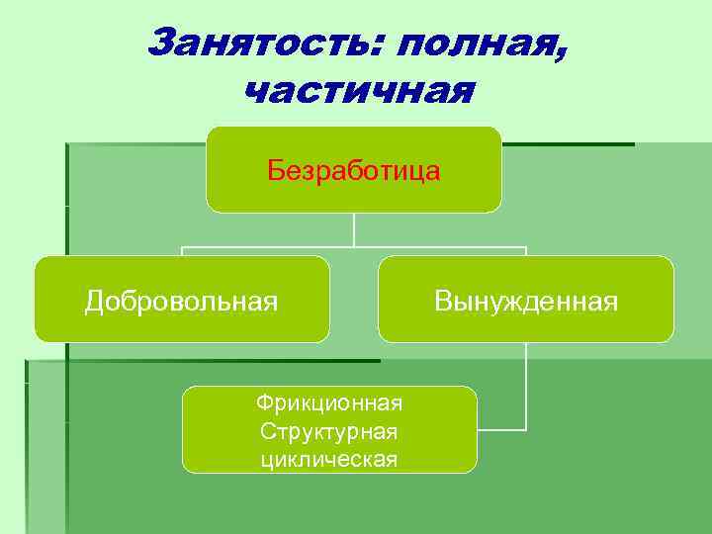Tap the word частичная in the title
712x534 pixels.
click(358, 91)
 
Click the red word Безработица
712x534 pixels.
click(354, 171)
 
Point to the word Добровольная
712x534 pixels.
click(181, 300)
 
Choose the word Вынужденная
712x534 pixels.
click(526, 300)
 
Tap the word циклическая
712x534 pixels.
click(329, 459)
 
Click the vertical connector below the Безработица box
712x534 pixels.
click(354, 229)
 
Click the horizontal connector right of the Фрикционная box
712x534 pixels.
click(501, 430)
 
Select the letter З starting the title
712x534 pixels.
click(160, 43)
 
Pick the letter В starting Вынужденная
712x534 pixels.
click(442, 300)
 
